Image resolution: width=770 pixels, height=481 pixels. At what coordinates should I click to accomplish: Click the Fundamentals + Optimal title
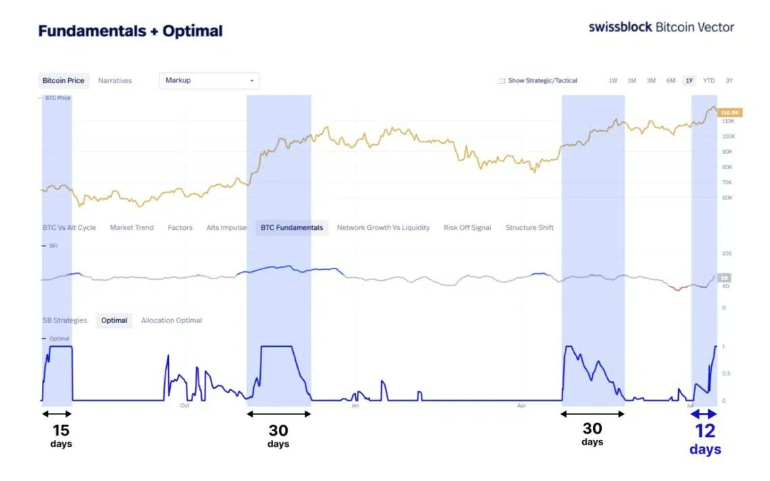coord(130,31)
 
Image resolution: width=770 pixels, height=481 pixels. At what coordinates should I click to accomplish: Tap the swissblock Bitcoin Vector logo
coord(661,27)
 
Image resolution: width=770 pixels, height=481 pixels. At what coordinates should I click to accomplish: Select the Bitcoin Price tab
coord(63,81)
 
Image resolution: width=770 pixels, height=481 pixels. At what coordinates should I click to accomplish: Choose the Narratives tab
coord(115,81)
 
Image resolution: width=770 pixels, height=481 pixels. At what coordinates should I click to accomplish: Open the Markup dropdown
coord(209,81)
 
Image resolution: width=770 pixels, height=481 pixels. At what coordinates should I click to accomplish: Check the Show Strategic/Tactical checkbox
coord(502,81)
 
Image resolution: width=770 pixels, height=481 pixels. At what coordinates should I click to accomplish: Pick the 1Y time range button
coord(689,81)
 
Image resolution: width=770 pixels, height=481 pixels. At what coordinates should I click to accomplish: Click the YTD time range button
coord(709,81)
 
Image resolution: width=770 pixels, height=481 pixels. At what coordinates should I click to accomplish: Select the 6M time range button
coord(670,81)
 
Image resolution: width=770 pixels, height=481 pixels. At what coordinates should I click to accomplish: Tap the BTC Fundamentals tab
coord(292,228)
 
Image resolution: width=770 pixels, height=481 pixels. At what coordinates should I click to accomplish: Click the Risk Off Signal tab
coord(467,228)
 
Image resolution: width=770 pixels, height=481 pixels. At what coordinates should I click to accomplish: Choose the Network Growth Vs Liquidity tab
coord(383,228)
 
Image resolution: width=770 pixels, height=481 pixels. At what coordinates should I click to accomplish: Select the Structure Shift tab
coord(530,228)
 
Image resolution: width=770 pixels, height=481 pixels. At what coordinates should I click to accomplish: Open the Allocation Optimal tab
coord(172,320)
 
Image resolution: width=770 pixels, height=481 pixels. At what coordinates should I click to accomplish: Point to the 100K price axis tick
coord(728,136)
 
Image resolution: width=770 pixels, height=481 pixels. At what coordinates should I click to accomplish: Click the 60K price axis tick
coord(727,198)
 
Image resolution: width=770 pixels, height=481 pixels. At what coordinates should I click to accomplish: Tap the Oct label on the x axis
coord(184,405)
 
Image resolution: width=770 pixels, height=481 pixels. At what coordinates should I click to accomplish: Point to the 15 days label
coord(61,435)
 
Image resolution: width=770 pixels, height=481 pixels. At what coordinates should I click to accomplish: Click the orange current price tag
coord(730,113)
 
